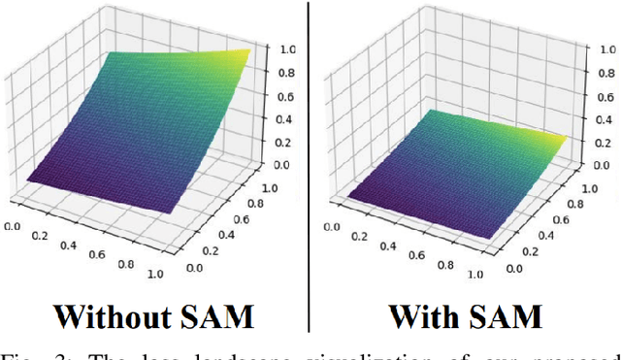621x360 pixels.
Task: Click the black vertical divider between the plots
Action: point(310,165)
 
